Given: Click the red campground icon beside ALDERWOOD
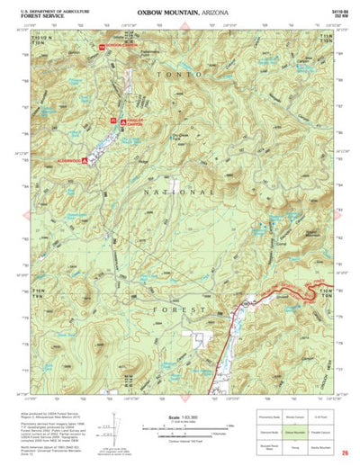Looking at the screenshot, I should point(85,160).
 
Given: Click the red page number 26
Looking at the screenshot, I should point(346,453).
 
